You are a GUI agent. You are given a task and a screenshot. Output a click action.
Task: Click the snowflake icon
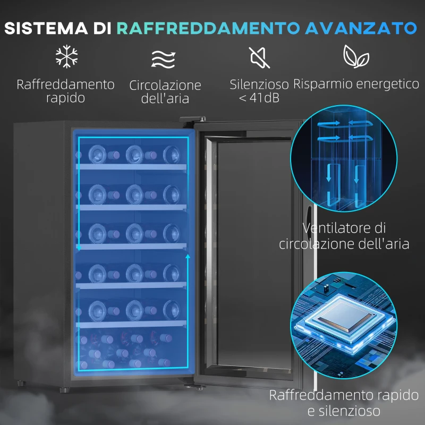(x=67, y=57)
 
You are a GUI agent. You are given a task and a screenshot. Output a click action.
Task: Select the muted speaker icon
(x=260, y=57)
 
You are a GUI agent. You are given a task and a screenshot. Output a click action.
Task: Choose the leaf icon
(x=355, y=56)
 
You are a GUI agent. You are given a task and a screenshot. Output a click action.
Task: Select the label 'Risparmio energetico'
(x=356, y=84)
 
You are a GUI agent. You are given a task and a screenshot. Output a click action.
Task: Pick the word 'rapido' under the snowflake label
(x=65, y=98)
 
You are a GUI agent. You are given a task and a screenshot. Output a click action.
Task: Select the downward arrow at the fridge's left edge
(x=79, y=246)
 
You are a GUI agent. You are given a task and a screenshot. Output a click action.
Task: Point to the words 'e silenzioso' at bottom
(x=347, y=411)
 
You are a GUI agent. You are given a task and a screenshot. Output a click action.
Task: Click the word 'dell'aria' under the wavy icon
(x=165, y=99)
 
